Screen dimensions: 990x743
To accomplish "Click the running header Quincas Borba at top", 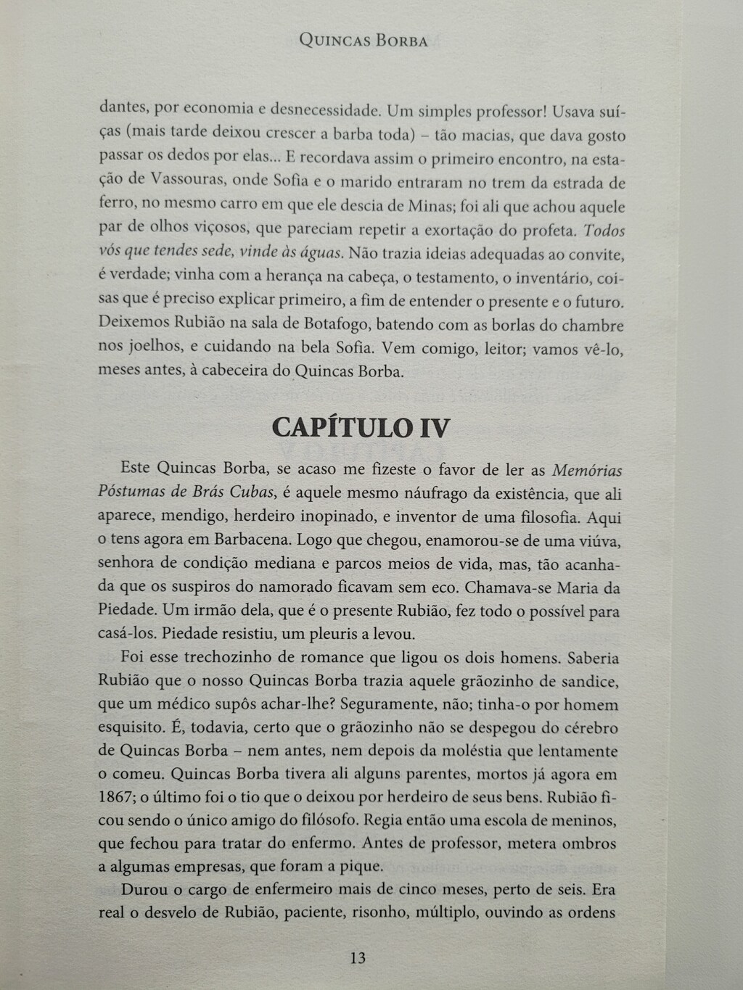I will click(x=363, y=41).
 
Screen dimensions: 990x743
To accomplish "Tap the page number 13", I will click(x=358, y=958).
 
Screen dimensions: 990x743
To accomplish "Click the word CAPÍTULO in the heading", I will click(x=341, y=428).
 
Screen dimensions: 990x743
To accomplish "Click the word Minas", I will click(x=430, y=206).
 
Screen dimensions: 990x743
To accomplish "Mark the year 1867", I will click(x=115, y=797).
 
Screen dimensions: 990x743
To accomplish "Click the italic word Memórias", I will click(x=587, y=470).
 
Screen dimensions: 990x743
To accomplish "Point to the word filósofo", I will click(x=327, y=821).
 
